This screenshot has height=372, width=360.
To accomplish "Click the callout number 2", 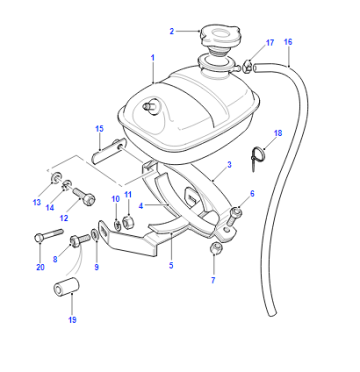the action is coord(172,31).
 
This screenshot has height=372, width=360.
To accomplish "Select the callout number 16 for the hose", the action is coord(288,42).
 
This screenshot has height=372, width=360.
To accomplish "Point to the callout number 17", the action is coord(270,43).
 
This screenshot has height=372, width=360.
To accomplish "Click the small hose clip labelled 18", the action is coord(257,157).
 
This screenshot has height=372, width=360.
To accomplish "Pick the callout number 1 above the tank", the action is coord(153,58).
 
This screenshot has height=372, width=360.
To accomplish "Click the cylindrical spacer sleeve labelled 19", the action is coord(66,287).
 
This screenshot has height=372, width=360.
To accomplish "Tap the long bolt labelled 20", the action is coord(49,235).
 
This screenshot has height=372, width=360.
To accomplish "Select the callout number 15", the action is coord(99,129).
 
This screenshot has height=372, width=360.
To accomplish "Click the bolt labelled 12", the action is coord(84,196).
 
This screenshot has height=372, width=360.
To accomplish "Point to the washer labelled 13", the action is coord(56,178).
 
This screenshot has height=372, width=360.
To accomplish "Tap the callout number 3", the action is coord(229,165).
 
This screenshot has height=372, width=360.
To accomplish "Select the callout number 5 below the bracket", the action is coord(171,265).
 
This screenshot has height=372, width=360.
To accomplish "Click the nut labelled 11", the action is coord(129,222).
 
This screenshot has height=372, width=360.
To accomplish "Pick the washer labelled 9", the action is coord(95,234).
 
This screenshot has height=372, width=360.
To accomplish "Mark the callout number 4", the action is coord(141,206).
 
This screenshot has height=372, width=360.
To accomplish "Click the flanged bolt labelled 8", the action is coord(79,240).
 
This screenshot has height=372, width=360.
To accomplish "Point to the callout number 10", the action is coord(115,199).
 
